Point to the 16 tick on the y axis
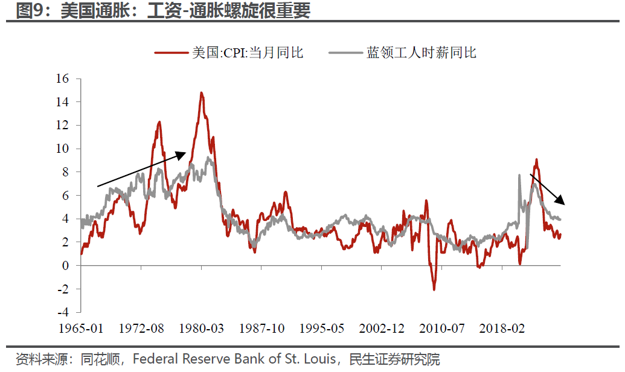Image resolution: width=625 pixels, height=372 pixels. (63, 79)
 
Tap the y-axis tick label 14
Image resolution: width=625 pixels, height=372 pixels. (63, 102)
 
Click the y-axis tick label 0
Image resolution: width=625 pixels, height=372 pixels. (66, 266)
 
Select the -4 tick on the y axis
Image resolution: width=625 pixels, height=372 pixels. (63, 312)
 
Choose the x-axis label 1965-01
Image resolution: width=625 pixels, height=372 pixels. (81, 329)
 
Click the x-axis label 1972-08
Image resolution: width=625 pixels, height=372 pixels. (141, 329)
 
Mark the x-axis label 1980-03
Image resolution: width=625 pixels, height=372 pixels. (201, 329)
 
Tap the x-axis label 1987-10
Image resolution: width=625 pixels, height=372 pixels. (261, 329)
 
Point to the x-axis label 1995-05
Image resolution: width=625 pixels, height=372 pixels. (321, 329)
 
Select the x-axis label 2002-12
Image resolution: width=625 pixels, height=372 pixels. (382, 329)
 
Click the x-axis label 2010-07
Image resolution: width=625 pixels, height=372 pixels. (441, 329)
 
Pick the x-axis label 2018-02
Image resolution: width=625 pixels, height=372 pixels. (502, 329)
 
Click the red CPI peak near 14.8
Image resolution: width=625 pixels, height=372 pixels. (201, 93)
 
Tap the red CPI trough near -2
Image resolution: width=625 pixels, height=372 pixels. (434, 289)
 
